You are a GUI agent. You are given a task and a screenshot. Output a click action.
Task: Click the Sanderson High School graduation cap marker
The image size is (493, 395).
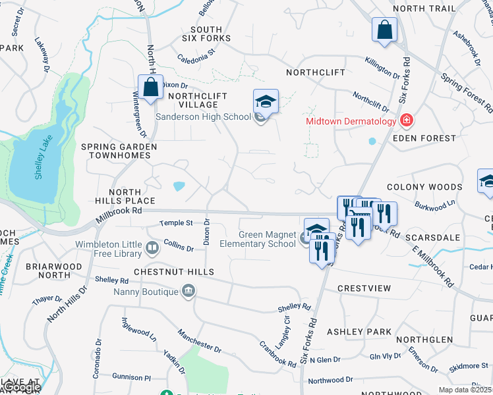pyautogui.click(x=266, y=102)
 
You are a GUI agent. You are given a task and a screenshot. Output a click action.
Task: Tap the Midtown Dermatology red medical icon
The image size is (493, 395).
pyautogui.click(x=407, y=120)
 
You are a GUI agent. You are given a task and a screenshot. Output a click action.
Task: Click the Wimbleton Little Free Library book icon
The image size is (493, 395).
pyautogui.click(x=152, y=248)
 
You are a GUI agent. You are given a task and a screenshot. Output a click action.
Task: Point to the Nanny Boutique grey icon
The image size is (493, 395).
pyautogui.click(x=188, y=291)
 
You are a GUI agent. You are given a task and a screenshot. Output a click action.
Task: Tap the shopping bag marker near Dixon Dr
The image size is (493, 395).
pyautogui.click(x=150, y=87)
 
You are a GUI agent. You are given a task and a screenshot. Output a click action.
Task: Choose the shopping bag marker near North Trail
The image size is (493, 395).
pyautogui.click(x=384, y=30)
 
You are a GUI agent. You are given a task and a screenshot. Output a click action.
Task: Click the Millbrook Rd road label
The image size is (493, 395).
pyautogui.click(x=119, y=211)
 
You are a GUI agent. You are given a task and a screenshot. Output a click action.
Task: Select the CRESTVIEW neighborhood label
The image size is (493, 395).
pyautogui.click(x=364, y=288)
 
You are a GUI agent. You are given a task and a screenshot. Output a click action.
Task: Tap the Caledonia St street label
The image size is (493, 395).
pyautogui.click(x=196, y=55)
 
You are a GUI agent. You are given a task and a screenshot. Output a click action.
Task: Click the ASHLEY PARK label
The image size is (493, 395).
pyautogui.click(x=359, y=332)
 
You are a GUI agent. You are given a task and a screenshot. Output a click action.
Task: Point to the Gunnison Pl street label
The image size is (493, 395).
pyautogui.click(x=132, y=378)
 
